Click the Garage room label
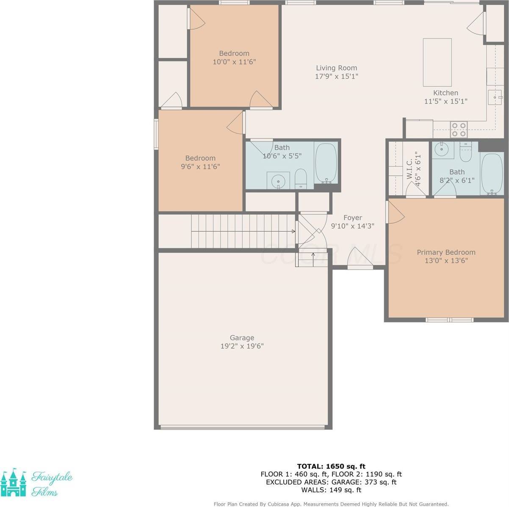coord(242,338)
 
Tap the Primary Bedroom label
coord(446,252)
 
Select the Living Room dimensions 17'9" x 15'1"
coord(337,77)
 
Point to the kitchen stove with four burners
coord(459,130)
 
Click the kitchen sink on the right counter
coord(495,97)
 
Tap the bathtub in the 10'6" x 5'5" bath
coord(326,163)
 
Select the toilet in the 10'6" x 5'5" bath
coord(300,178)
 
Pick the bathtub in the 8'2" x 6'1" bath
coord(492,174)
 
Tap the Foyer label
coord(352,218)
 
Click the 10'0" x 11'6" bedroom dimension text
coord(234,62)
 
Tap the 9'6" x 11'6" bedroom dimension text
coord(200,166)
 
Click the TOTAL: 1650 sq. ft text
coord(331,466)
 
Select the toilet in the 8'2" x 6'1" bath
coord(465,152)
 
